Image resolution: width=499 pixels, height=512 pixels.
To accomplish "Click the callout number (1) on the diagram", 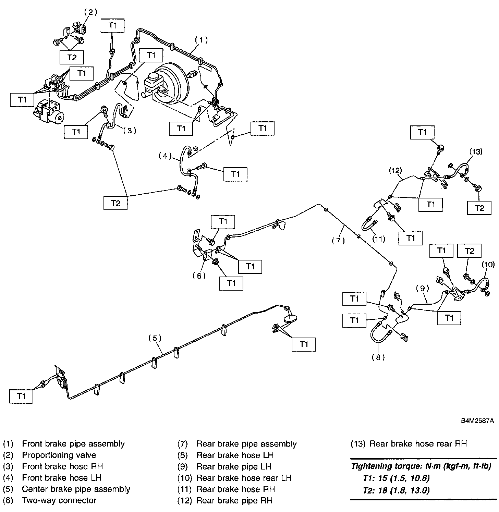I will click(202, 40).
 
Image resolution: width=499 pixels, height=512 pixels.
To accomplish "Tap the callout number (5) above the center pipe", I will click(155, 338).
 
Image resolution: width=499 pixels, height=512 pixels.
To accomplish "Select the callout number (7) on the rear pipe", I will click(338, 241).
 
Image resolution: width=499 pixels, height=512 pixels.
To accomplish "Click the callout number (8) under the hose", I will click(378, 357).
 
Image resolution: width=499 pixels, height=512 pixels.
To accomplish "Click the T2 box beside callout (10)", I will click(470, 251).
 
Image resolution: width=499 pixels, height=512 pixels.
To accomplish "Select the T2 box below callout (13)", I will click(479, 208).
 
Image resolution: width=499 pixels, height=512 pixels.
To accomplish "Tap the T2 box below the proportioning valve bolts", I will click(72, 58).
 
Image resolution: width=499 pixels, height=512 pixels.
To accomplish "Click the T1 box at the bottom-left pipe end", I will click(21, 396).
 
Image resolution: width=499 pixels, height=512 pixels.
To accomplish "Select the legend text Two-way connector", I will click(59, 500).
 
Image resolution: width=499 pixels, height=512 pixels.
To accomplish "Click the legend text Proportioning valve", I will click(59, 455).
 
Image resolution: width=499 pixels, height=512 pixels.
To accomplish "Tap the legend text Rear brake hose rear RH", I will click(418, 444).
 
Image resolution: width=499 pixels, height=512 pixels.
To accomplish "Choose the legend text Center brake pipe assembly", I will click(76, 489).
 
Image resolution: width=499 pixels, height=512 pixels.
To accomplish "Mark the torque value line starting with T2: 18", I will click(396, 490).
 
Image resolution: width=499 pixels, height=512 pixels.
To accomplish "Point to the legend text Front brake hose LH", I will click(62, 478).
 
